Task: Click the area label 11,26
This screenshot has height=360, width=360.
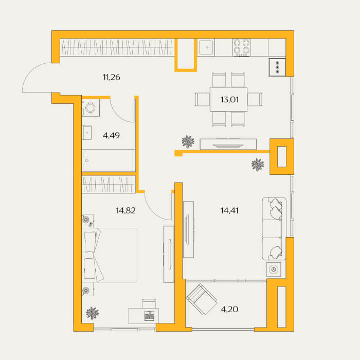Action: [x=112, y=77]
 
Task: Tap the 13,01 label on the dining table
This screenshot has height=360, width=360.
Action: [x=229, y=100]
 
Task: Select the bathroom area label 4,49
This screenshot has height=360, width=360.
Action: [x=112, y=135]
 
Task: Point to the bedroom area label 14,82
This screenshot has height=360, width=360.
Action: [x=125, y=210]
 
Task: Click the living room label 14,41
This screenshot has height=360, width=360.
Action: [x=229, y=210]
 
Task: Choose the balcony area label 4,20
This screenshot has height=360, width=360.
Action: [x=229, y=309]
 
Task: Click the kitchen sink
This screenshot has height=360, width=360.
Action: [x=206, y=47]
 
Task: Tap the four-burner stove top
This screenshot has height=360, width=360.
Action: [x=242, y=47]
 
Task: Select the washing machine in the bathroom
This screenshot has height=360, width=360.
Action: [x=91, y=107]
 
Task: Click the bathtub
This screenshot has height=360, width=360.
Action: [x=108, y=160]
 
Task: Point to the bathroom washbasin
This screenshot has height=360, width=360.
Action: [x=87, y=133]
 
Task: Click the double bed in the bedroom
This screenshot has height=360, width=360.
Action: [x=109, y=255]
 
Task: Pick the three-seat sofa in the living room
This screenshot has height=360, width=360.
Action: [x=274, y=229]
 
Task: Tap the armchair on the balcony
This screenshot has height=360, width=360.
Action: [x=202, y=299]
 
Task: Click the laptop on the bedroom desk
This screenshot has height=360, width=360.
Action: [x=149, y=316]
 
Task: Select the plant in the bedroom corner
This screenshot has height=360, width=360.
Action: [x=92, y=313]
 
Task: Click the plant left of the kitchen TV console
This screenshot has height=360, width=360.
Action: [x=188, y=141]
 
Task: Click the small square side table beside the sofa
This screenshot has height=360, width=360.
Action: [x=274, y=269]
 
